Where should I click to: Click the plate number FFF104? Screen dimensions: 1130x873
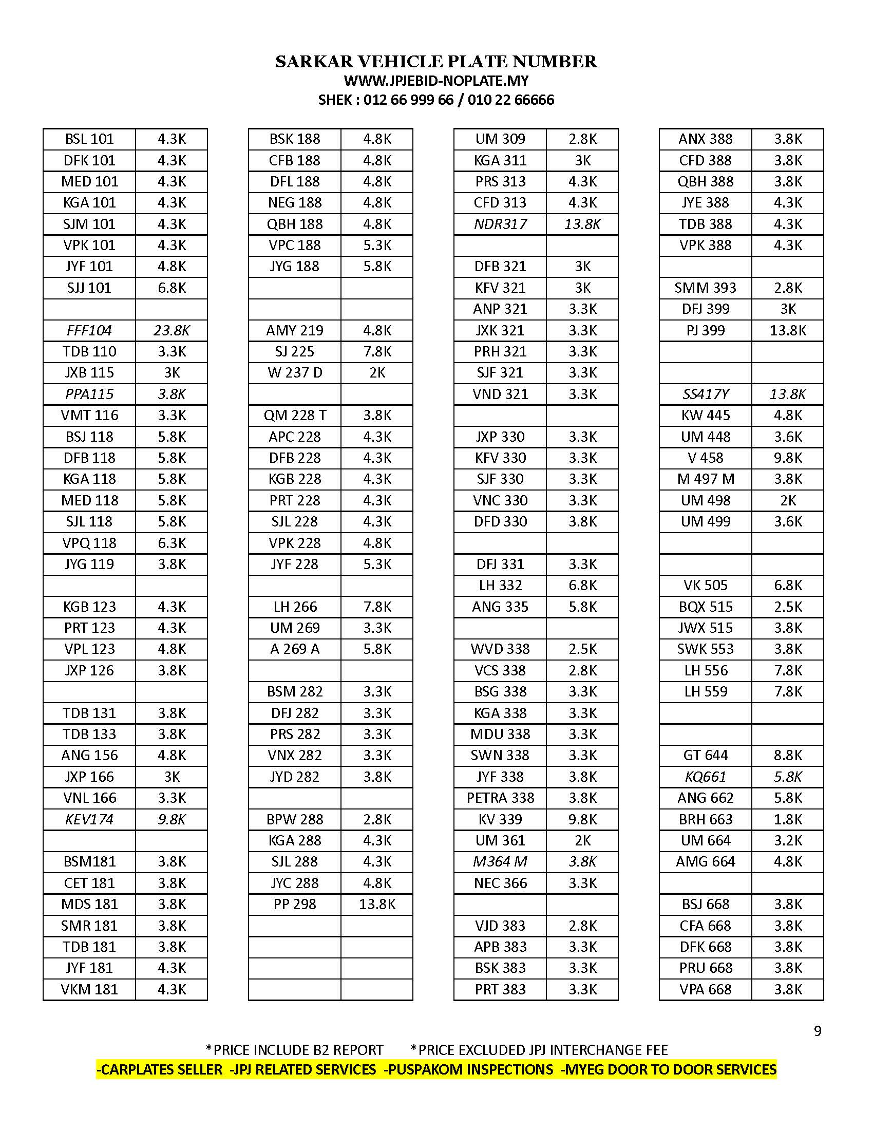click(x=89, y=330)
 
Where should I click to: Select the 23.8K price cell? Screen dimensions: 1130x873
click(x=171, y=330)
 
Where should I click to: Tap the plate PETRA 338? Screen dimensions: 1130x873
click(x=500, y=798)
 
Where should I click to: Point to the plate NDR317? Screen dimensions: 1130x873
click(x=500, y=224)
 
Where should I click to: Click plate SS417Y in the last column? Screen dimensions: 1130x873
click(x=706, y=394)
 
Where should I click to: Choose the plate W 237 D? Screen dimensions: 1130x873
click(x=295, y=372)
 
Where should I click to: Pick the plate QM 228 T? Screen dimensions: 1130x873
click(x=295, y=415)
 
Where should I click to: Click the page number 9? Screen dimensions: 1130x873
click(x=817, y=1031)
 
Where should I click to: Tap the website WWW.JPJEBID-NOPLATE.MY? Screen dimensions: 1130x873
click(x=436, y=81)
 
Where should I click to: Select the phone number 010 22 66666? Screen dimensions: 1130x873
click(x=510, y=100)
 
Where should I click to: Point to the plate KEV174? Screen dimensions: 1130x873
click(x=89, y=819)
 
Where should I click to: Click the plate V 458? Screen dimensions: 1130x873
click(x=706, y=458)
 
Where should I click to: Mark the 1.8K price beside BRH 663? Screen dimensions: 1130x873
click(x=788, y=819)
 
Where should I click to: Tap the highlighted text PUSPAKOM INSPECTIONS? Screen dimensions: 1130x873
click(x=468, y=1069)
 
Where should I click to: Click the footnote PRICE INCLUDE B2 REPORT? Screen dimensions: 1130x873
click(x=295, y=1050)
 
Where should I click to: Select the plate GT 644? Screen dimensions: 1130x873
click(x=706, y=756)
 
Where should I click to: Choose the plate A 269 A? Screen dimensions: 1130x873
click(x=295, y=649)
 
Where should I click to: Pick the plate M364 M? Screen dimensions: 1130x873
click(x=500, y=861)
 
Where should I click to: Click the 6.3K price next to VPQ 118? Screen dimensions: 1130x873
click(x=171, y=543)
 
